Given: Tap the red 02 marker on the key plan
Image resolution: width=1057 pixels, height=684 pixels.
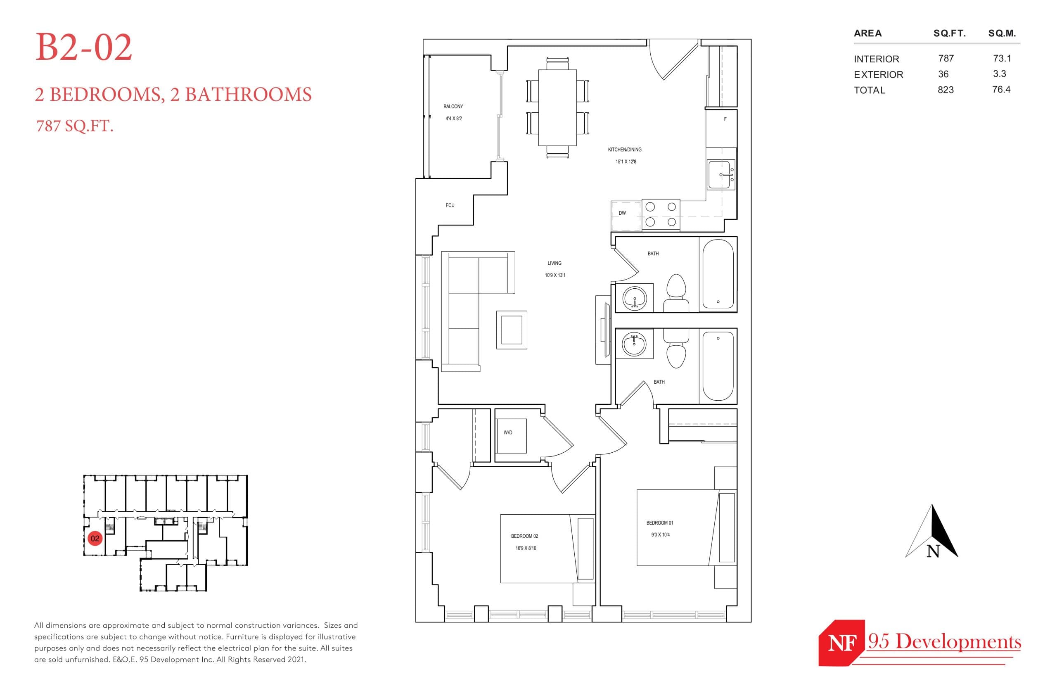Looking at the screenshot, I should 95,538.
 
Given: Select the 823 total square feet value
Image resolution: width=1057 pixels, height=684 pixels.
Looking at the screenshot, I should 945,90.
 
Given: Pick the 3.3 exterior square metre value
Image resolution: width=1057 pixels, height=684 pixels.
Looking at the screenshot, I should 999,74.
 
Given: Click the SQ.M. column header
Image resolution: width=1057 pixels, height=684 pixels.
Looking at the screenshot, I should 1002,33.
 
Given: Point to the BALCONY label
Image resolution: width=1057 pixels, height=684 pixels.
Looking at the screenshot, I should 453,107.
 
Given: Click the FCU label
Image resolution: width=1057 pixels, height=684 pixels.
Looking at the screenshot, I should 450,205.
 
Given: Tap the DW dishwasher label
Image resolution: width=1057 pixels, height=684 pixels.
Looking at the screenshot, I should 622,213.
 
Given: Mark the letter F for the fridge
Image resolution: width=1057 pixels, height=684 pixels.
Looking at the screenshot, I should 725,119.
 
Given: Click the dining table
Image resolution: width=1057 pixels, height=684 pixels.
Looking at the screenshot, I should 557,107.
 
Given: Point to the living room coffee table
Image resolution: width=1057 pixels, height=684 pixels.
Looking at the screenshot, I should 512,330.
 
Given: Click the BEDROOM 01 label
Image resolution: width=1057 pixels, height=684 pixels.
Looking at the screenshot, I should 659,523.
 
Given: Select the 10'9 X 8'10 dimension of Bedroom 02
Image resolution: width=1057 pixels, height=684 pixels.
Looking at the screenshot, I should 526,548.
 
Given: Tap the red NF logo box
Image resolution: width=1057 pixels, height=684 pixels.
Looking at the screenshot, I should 841,643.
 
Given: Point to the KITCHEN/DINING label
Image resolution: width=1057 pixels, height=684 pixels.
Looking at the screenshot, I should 624,150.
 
